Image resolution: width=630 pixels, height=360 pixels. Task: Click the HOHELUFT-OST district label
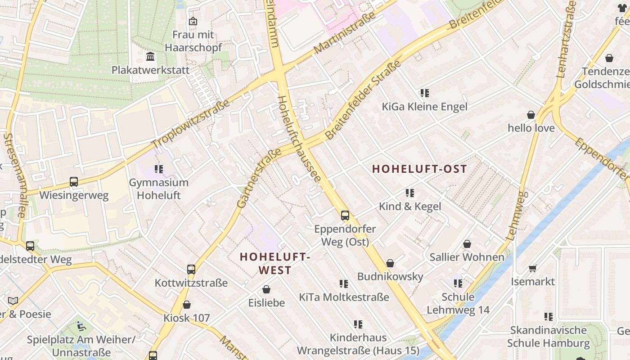419,169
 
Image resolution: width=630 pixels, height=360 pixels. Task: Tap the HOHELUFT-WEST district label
275,263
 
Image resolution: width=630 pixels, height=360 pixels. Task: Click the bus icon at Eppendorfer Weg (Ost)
345,216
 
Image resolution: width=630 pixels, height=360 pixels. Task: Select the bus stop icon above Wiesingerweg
74,182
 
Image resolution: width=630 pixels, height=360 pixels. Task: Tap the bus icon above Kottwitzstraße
191,270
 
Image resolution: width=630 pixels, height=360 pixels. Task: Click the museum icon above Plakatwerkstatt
150,57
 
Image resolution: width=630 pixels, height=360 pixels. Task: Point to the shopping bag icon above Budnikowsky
390,263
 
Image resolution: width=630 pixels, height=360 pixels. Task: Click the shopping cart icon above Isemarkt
532,269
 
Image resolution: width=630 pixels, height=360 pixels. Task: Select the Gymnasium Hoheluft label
158,189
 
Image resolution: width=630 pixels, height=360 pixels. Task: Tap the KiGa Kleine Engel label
424,107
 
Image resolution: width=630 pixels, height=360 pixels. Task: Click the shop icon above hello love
531,115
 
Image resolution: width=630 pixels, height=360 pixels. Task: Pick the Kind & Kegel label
410,207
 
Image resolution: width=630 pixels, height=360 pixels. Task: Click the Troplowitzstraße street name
191,124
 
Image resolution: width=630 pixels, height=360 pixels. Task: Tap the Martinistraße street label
345,33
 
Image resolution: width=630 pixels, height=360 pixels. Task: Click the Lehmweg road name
517,216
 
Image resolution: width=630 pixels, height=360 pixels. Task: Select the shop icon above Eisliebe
266,289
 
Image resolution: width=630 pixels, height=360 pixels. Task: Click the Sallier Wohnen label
467,257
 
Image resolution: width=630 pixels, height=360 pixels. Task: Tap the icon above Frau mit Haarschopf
193,21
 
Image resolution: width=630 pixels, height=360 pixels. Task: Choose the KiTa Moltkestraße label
344,297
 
